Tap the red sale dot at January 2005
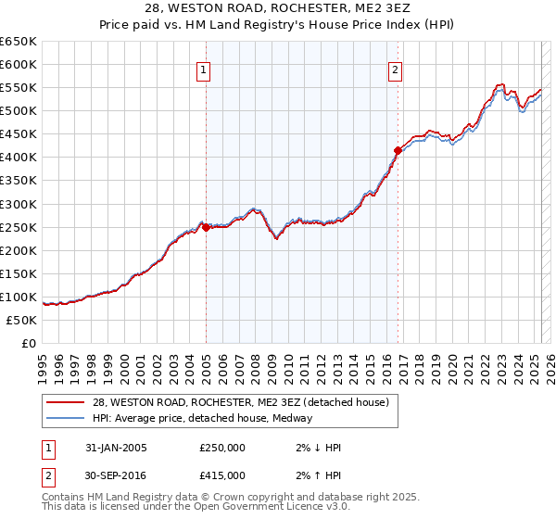[207, 227]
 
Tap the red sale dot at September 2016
[398, 150]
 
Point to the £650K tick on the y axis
[19, 42]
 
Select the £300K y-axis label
[19, 204]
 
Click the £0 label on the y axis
[28, 343]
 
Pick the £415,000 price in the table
[222, 475]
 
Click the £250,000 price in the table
[222, 448]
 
